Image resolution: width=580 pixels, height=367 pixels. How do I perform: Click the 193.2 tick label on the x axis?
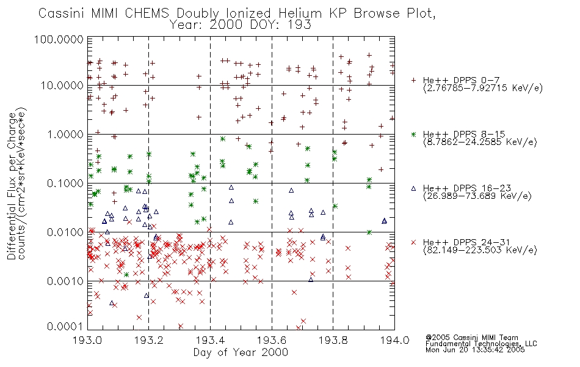pyautogui.click(x=149, y=340)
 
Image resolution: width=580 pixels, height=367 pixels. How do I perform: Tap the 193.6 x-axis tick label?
pyautogui.click(x=272, y=340)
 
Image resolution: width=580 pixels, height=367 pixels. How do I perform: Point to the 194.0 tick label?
pyautogui.click(x=394, y=340)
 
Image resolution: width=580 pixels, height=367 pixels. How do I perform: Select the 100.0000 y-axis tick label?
pyautogui.click(x=59, y=39)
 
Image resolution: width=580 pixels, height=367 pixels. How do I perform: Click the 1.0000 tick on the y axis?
pyautogui.click(x=65, y=134)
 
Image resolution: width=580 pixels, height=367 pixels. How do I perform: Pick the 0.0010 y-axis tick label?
pyautogui.click(x=65, y=281)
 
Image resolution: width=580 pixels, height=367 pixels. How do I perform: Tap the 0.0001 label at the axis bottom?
pyautogui.click(x=65, y=327)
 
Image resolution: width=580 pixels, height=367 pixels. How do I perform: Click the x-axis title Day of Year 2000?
pyautogui.click(x=241, y=352)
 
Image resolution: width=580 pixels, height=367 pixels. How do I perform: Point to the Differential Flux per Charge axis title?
pyautogui.click(x=12, y=186)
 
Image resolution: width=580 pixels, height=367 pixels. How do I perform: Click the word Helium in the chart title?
pyautogui.click(x=300, y=13)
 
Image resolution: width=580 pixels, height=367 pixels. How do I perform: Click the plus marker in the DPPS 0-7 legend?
pyautogui.click(x=414, y=80)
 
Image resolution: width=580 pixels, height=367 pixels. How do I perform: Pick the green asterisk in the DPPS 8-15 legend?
pyautogui.click(x=414, y=134)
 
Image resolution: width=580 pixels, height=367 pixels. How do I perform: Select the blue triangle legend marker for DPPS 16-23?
pyautogui.click(x=414, y=188)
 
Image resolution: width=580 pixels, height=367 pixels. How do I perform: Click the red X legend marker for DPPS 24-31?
pyautogui.click(x=414, y=242)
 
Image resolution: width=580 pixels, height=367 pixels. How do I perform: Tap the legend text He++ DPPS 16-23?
pyautogui.click(x=467, y=188)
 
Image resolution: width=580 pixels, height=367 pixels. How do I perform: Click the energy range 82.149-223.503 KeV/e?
pyautogui.click(x=480, y=250)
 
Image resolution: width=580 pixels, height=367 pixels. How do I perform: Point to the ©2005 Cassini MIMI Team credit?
pyautogui.click(x=472, y=338)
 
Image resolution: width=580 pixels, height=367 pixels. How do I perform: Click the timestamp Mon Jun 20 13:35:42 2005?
pyautogui.click(x=475, y=350)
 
